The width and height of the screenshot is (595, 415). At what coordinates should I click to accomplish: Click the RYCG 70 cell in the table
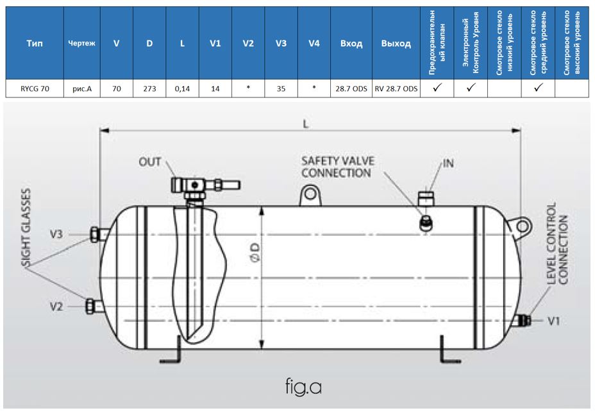coord(35,89)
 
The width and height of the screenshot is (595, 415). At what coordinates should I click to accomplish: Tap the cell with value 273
coord(149,89)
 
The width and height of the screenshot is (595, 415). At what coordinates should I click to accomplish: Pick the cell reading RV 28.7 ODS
coord(396,89)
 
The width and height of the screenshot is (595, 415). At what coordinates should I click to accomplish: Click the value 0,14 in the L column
coord(182,89)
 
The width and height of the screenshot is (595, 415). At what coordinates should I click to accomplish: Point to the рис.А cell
coord(81,89)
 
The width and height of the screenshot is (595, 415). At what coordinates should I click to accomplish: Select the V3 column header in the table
coord(281,44)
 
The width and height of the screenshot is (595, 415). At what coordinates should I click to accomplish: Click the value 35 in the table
coord(281,89)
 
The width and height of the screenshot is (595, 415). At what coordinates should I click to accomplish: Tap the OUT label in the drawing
coord(150,162)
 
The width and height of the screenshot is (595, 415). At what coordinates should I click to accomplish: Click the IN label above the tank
coord(448,163)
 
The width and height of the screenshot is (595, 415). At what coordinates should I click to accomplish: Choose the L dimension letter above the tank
coord(306,125)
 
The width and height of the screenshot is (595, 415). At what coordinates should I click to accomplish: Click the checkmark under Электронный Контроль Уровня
coord(471,89)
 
